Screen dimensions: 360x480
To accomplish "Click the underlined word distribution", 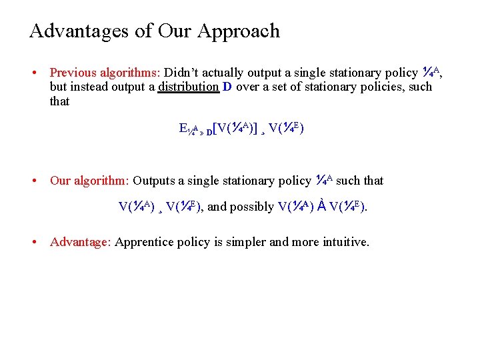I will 189,87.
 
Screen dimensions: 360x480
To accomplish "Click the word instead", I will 94,87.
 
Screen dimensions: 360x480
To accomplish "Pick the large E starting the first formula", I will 183,128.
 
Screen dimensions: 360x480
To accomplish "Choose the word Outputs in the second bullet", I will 155,181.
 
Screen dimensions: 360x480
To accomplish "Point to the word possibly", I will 251,207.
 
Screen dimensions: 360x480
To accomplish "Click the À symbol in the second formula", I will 321,206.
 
